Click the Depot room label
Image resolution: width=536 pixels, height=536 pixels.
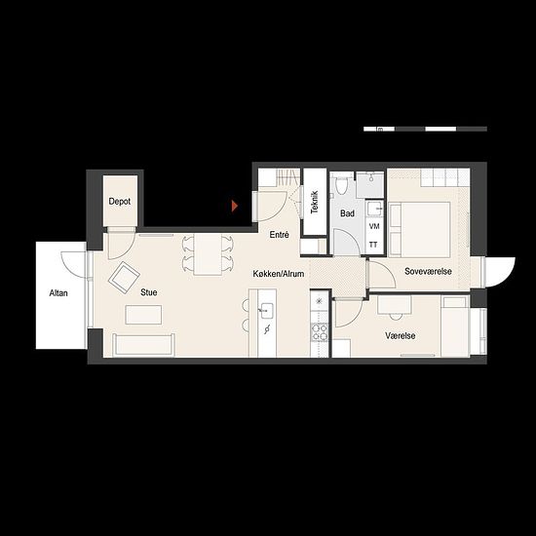pyautogui.click(x=120, y=202)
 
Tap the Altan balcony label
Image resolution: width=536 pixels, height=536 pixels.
pyautogui.click(x=58, y=293)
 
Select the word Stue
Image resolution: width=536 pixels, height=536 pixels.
pyautogui.click(x=149, y=292)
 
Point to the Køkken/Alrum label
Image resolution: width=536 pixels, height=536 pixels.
pyautogui.click(x=279, y=274)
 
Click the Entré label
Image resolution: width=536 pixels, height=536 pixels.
pyautogui.click(x=280, y=235)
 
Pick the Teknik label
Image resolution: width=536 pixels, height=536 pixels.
pyautogui.click(x=315, y=202)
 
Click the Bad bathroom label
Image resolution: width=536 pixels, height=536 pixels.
pyautogui.click(x=347, y=213)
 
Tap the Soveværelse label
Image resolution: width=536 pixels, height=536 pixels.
pyautogui.click(x=428, y=272)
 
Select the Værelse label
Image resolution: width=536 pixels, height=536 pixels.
pyautogui.click(x=401, y=335)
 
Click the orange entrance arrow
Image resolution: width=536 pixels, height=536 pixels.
pyautogui.click(x=235, y=207)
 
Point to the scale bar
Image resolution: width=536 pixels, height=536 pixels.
pyautogui.click(x=425, y=129)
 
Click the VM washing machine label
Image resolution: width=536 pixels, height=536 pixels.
pyautogui.click(x=374, y=226)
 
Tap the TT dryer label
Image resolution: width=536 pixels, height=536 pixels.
pyautogui.click(x=373, y=245)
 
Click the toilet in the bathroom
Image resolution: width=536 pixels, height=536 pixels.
pyautogui.click(x=341, y=184)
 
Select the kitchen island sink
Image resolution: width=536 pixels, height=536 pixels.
pyautogui.click(x=267, y=310)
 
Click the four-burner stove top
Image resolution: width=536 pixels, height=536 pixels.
pyautogui.click(x=320, y=332)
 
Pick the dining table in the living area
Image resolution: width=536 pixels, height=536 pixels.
pyautogui.click(x=208, y=254)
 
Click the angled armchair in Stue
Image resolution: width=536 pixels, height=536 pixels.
pyautogui.click(x=124, y=278)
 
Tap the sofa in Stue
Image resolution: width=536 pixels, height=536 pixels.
pyautogui.click(x=144, y=345)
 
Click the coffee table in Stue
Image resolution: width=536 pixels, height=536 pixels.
pyautogui.click(x=143, y=315)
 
